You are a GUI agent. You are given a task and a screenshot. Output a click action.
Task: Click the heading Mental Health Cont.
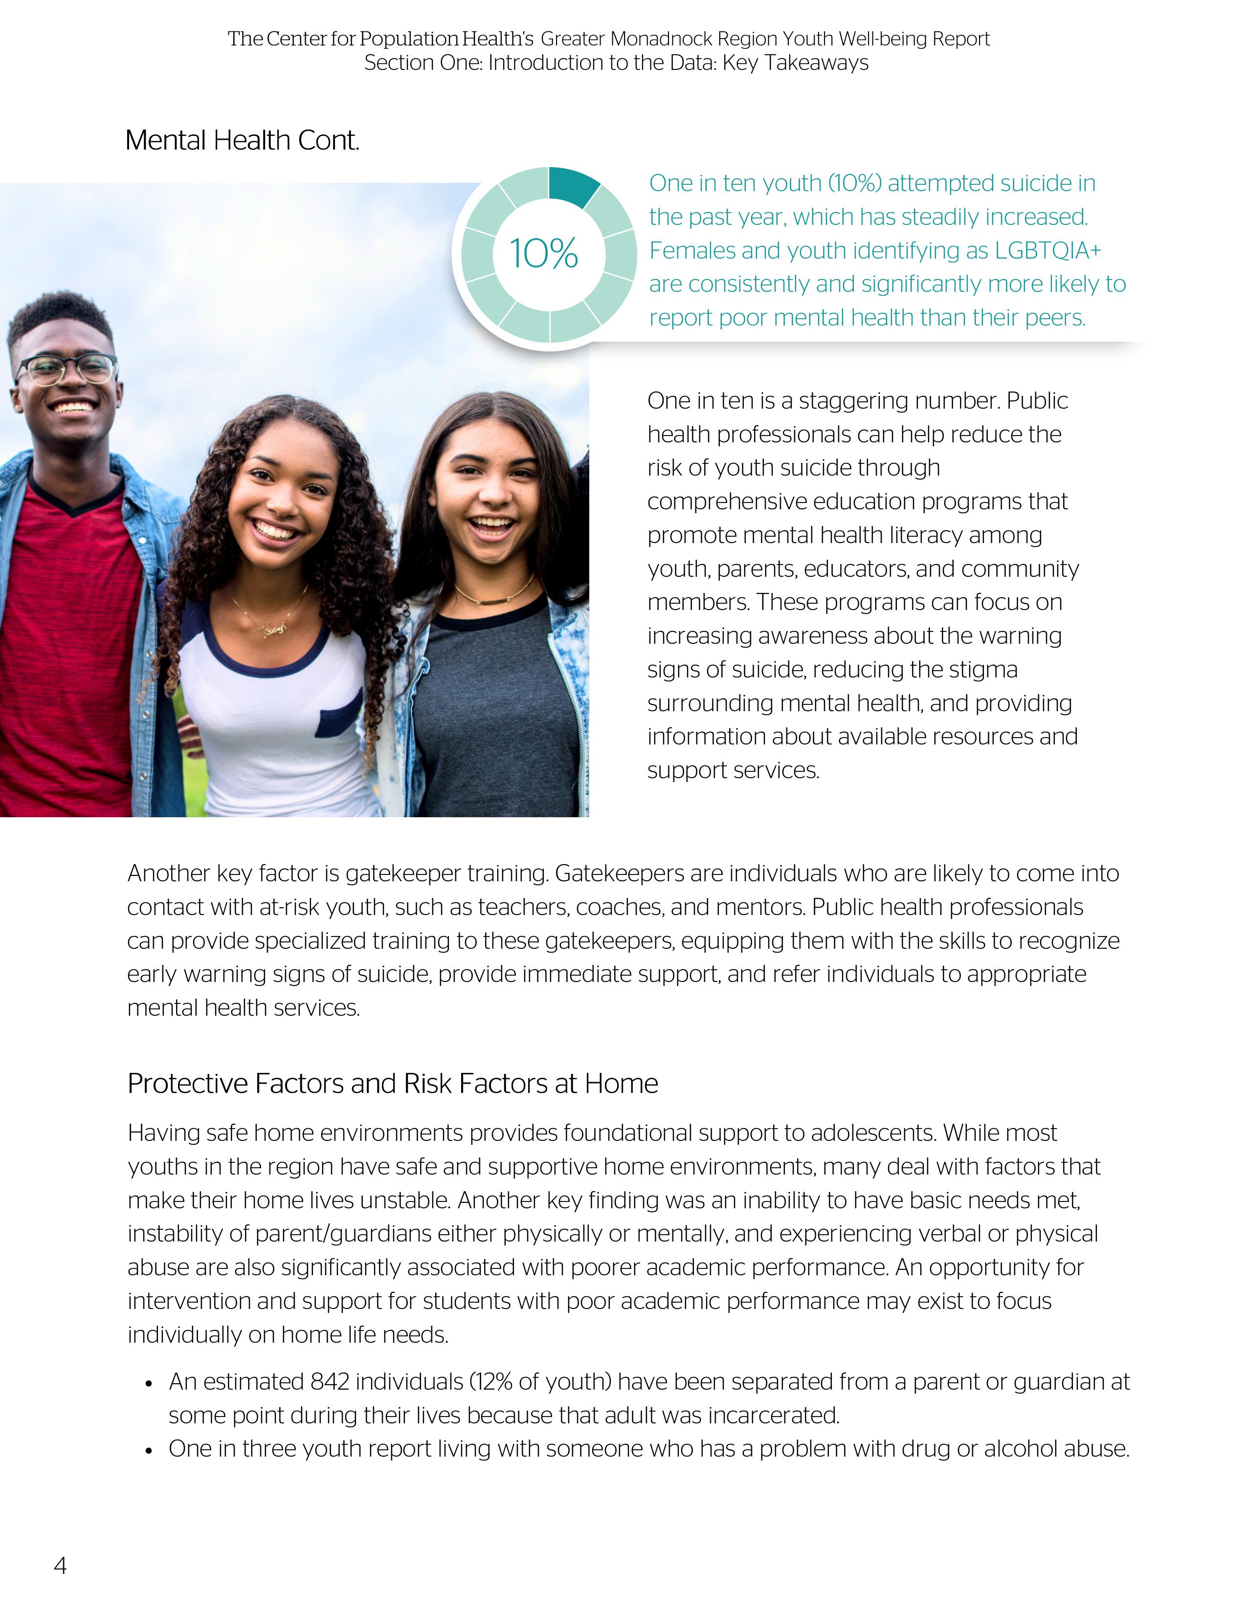pos(242,140)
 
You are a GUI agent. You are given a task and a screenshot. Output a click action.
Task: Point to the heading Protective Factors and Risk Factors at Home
pos(392,1084)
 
